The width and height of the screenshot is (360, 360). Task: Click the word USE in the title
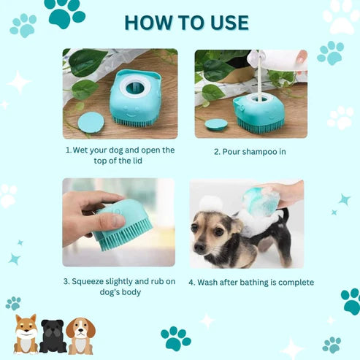[x=229, y=23]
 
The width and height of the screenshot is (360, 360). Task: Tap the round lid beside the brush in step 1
[x=91, y=122]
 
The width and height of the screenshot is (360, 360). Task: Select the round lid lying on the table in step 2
[x=216, y=124]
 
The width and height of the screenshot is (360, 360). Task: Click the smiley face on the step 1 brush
[x=129, y=111]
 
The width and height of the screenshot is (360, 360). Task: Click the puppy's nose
[x=199, y=248]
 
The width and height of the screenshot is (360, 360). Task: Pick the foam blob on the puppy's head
[x=211, y=203]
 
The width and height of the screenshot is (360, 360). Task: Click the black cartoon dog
[x=53, y=336]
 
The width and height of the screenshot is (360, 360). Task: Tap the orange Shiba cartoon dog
[x=26, y=334]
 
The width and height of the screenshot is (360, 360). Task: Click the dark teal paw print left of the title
[x=65, y=13]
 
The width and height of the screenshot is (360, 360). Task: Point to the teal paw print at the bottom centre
[x=176, y=339]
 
